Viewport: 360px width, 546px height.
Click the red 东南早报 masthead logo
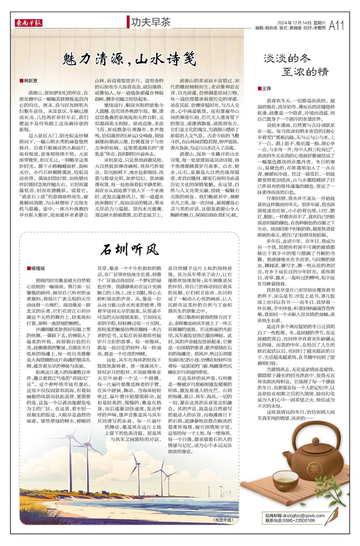point(29,23)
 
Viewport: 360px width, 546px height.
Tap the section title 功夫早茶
point(151,22)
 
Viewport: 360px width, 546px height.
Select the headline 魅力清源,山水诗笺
point(129,59)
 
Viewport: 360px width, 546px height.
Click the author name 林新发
point(31,81)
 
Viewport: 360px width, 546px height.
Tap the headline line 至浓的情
point(305,71)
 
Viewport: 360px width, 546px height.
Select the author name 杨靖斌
point(37,268)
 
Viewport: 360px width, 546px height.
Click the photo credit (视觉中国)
point(223,520)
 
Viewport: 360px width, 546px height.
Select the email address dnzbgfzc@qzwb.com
point(304,515)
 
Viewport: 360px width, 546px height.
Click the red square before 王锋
point(259,88)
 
